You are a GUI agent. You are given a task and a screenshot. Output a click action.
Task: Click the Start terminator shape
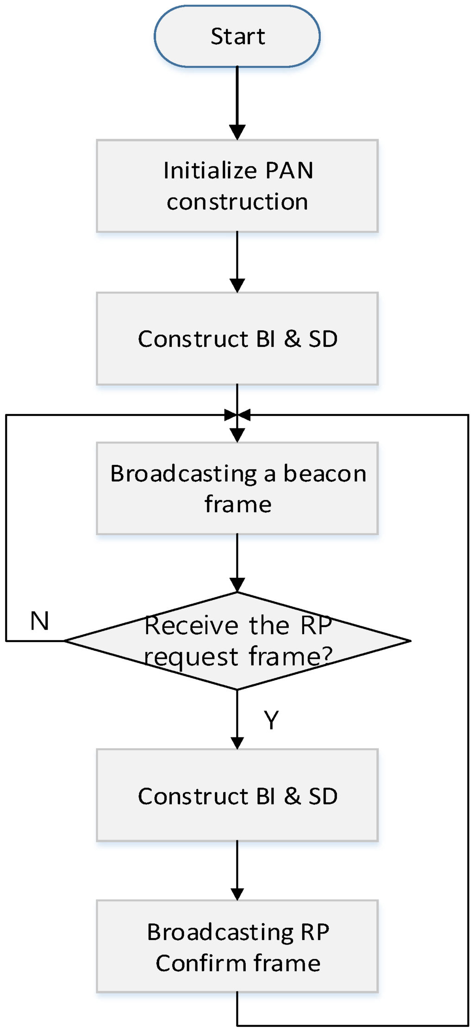coord(237,36)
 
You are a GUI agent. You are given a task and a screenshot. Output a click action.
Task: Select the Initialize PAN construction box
coord(237,185)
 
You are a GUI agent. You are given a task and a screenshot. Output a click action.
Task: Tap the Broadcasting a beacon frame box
coord(237,488)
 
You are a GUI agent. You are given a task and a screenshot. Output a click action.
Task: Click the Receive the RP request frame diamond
coord(237,641)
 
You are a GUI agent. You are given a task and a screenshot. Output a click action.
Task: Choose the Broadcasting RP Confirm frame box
coord(237,946)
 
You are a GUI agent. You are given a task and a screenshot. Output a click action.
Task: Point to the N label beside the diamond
coord(40,621)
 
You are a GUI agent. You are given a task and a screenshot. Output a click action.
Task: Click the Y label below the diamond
coord(272,720)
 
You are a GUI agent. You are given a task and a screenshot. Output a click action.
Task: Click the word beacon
coord(324,473)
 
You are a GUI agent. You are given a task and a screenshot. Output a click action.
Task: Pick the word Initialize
coord(204,170)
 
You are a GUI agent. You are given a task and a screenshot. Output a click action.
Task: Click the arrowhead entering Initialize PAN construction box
coord(237,133)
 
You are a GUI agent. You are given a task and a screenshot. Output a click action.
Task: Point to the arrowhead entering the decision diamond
coord(237,586)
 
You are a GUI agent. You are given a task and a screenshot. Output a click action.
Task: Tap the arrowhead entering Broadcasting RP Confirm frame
coord(237,894)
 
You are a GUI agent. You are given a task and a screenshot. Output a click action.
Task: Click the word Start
coord(238,36)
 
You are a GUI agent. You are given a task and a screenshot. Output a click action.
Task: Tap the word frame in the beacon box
coord(238,504)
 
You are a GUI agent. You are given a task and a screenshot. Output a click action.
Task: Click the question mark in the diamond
coord(326,655)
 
